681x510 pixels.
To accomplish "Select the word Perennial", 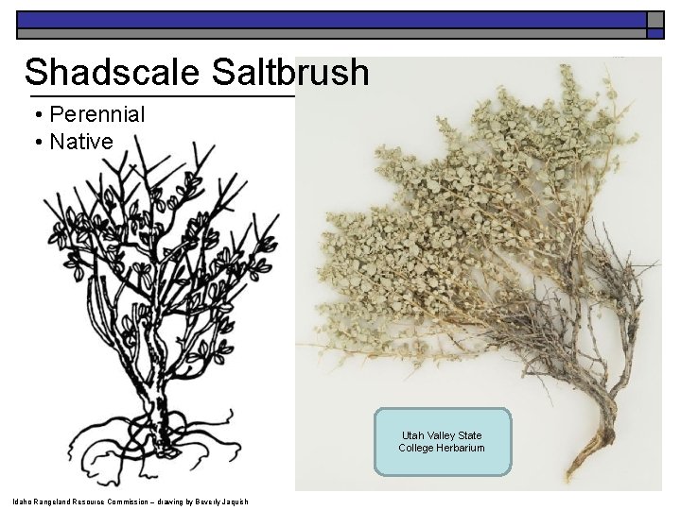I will pos(96,115).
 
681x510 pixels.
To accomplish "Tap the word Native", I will pos(81,143).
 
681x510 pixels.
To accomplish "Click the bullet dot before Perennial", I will pos(37,116).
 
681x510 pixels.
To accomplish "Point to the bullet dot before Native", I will pos(37,144).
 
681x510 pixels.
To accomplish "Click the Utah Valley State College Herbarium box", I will pos(442,441).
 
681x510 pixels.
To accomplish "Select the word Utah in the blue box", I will pos(413,435).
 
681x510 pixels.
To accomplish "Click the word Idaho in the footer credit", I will pos(20,501).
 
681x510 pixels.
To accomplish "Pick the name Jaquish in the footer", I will pos(232,501).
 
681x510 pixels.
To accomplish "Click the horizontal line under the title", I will pos(161,96).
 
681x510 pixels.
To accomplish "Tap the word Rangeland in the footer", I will pos(55,501).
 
